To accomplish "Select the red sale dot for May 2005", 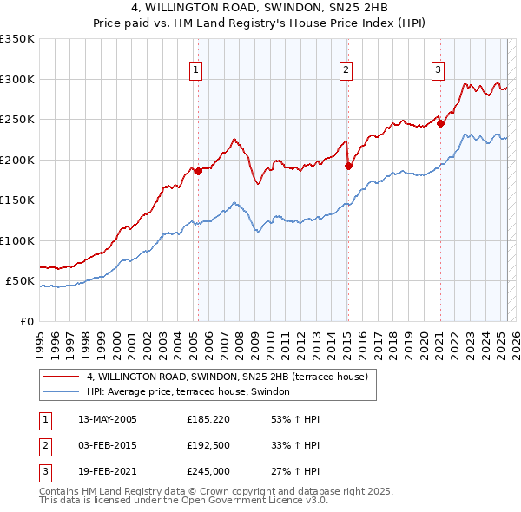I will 198,171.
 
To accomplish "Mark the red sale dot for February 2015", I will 348,166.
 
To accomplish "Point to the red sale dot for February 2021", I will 440,123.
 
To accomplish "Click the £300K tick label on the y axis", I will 17,79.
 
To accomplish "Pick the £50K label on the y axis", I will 21,281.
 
